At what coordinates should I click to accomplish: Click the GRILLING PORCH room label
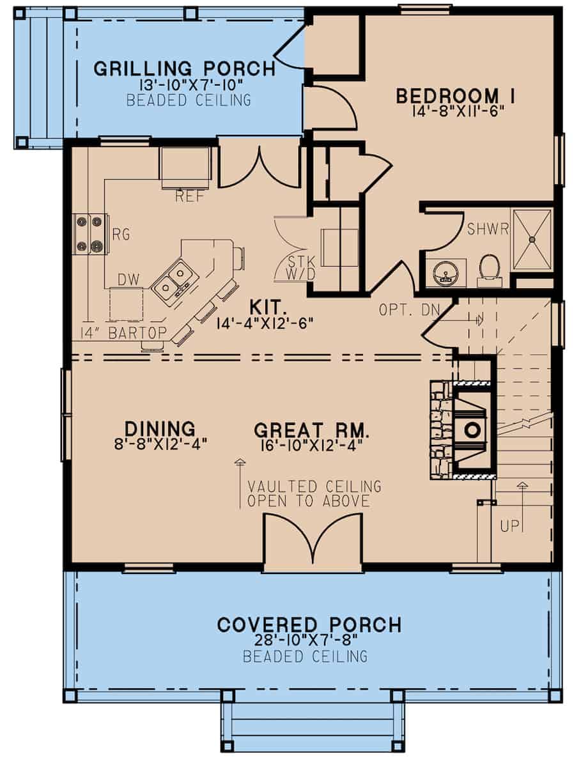coord(184,68)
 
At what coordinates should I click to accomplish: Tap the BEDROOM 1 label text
coord(456,96)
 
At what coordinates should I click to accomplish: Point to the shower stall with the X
coord(532,238)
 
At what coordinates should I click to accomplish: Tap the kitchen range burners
coord(89,233)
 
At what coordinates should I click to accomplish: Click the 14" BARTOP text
coord(123,332)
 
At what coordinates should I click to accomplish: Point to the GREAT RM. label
coord(313,428)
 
